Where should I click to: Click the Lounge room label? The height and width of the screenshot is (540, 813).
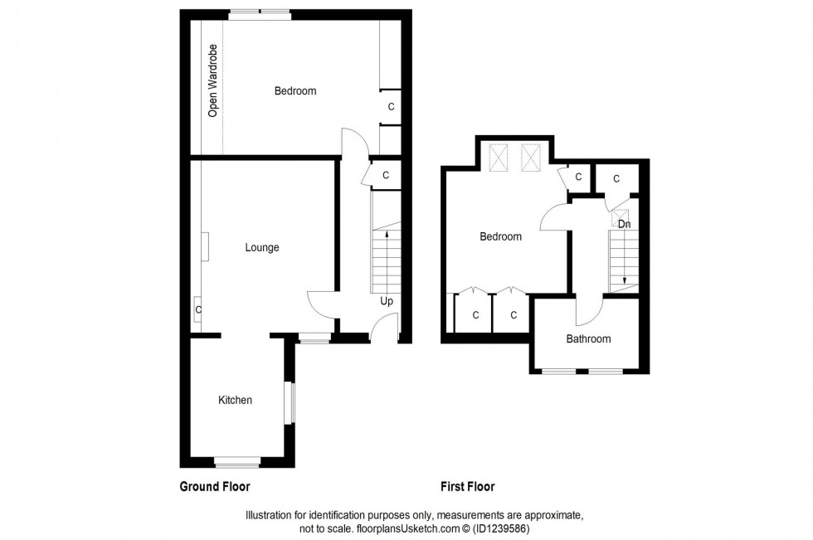pos(262,247)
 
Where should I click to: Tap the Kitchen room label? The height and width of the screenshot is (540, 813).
pos(235,401)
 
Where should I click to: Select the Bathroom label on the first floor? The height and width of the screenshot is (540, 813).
pos(588,339)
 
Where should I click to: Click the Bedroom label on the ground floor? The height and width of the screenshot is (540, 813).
pos(295,91)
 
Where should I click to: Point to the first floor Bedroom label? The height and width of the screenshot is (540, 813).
pos(501,237)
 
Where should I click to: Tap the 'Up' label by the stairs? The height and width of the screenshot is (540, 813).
pos(387,301)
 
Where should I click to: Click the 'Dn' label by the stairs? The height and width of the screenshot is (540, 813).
pos(624,224)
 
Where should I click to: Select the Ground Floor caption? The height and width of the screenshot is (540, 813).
pos(215,487)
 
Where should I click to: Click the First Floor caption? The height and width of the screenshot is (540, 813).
pos(467,487)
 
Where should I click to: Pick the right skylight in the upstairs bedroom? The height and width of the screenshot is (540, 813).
pos(531,158)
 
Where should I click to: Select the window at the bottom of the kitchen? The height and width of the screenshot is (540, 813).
pos(236,461)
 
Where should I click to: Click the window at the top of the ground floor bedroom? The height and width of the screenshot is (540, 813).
pos(260,13)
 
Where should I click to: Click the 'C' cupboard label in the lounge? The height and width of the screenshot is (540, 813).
pos(197,310)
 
